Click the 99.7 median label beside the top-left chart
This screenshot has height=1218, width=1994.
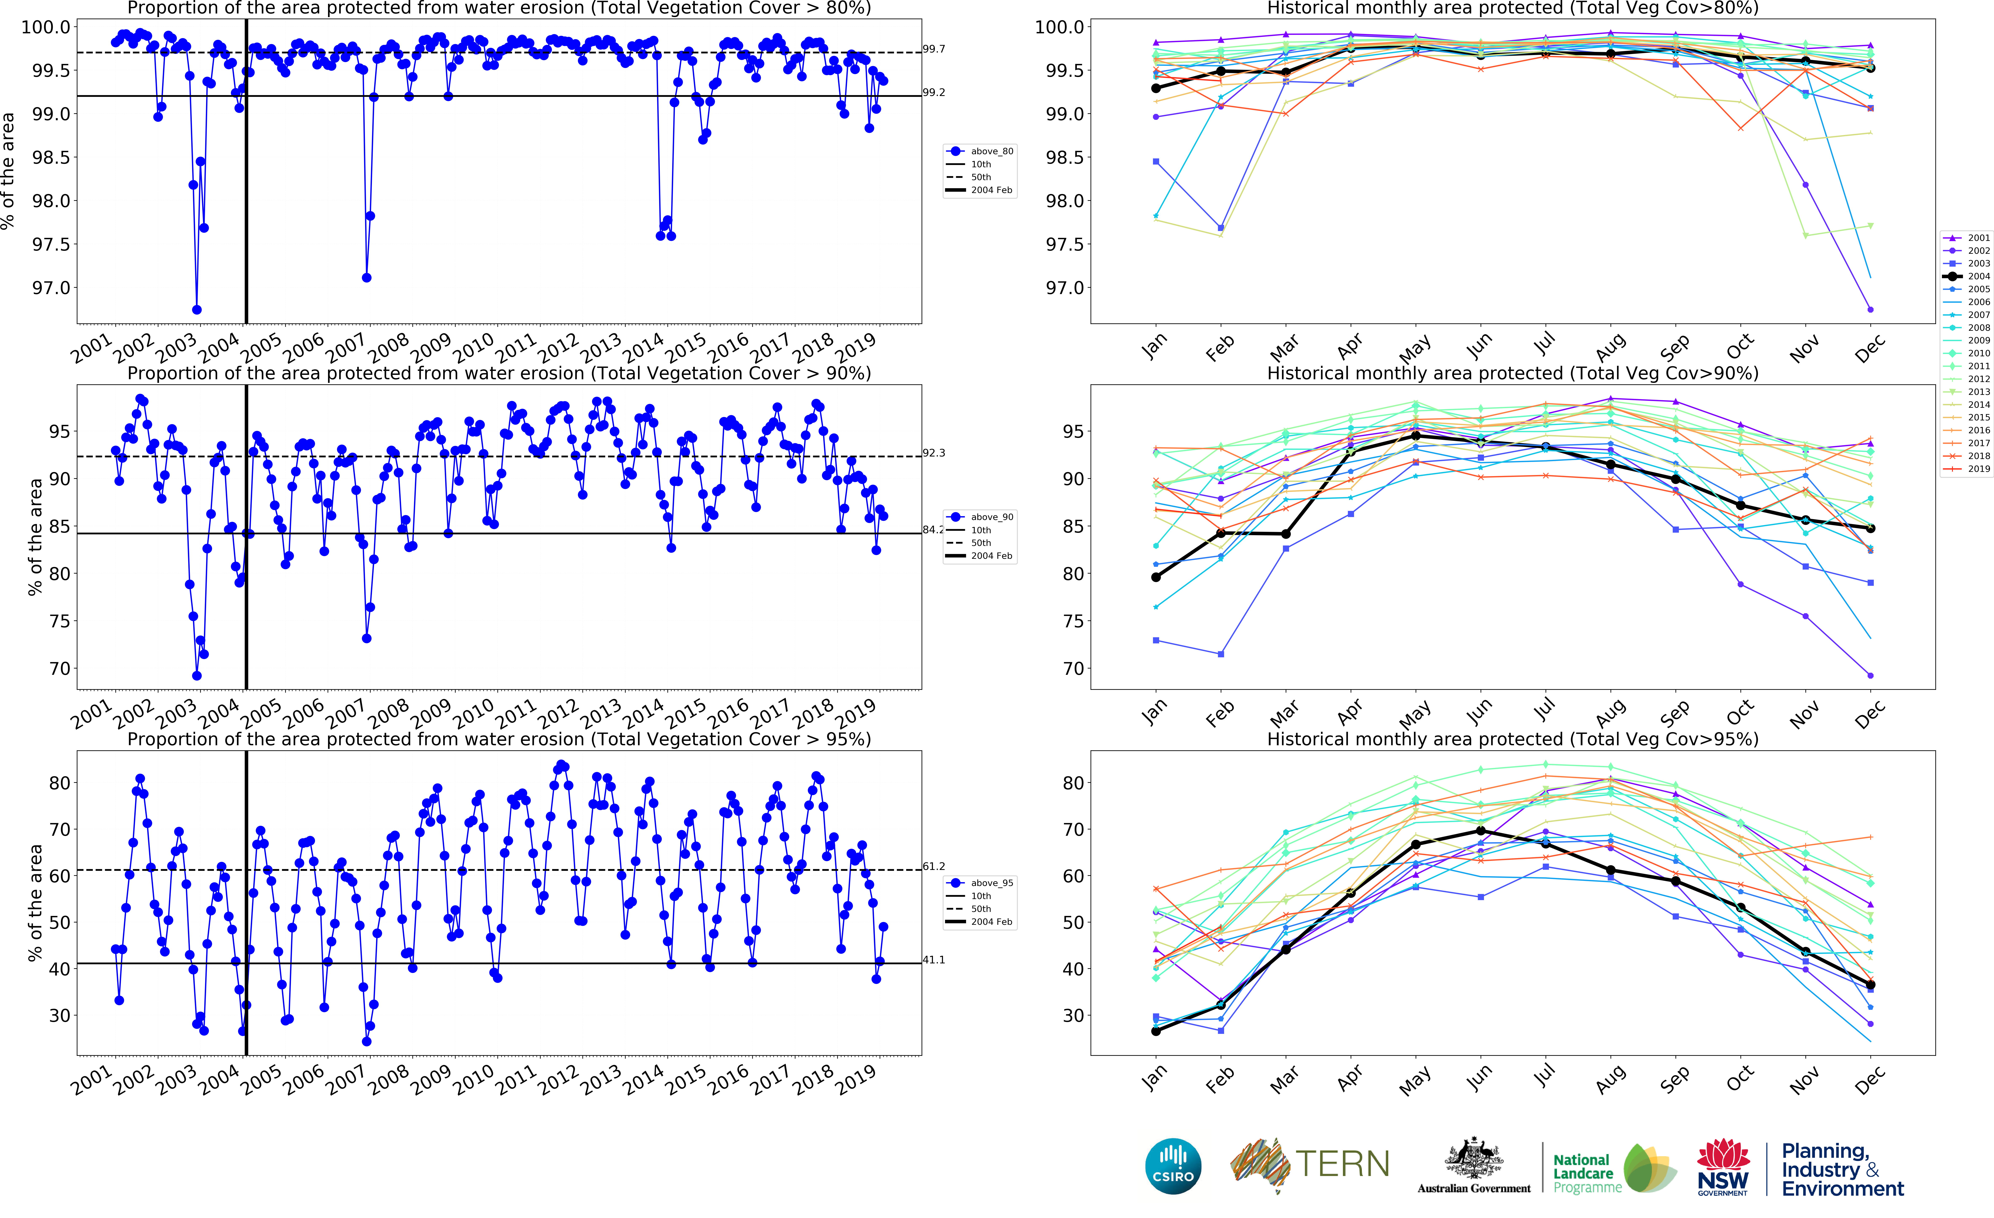(x=934, y=49)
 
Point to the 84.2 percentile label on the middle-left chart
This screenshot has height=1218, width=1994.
(x=933, y=530)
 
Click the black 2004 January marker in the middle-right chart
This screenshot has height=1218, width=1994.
(x=1156, y=577)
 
